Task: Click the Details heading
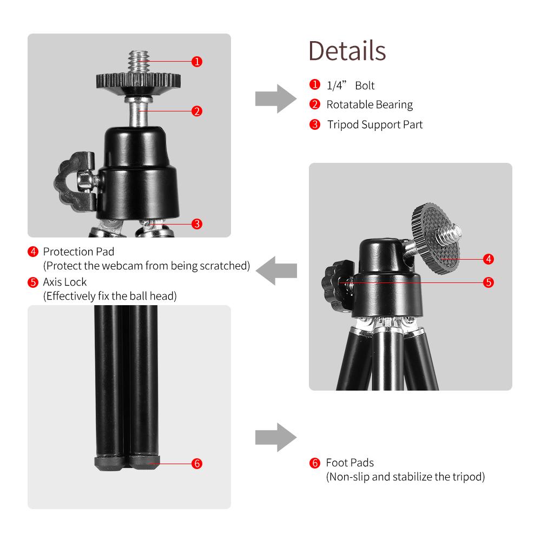(347, 50)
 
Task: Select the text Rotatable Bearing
(369, 104)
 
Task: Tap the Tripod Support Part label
(374, 124)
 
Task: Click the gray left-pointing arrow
(276, 270)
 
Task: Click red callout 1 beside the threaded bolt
(197, 61)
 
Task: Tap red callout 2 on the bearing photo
(197, 111)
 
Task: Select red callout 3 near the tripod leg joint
(197, 223)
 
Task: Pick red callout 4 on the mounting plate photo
(488, 259)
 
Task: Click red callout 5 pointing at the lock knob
(488, 282)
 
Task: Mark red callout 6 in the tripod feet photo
(197, 464)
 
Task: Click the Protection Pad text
(78, 252)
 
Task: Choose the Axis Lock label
(64, 282)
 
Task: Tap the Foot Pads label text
(349, 463)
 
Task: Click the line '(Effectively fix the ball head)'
(110, 296)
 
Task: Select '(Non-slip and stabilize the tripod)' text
(405, 477)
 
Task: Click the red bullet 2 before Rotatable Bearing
(314, 104)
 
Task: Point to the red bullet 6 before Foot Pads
(314, 463)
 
